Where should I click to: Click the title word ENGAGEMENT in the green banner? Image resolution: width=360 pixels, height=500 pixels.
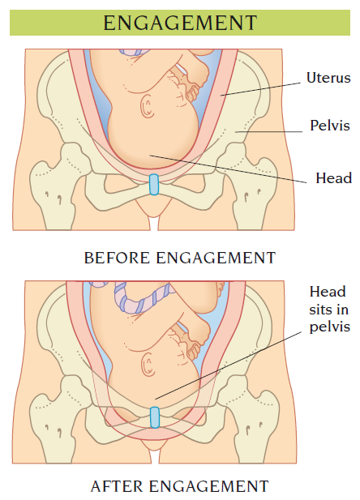[x=180, y=23]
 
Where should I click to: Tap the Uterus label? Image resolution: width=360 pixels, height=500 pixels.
[x=328, y=78]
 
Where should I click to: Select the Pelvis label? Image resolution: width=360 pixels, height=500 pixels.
[x=330, y=126]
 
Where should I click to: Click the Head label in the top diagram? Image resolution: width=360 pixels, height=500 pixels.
[x=333, y=178]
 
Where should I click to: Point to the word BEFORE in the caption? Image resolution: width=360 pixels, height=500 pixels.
[x=117, y=258]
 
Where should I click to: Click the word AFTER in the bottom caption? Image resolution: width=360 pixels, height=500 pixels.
[x=117, y=486]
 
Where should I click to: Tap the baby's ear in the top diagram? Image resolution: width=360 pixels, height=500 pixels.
[x=148, y=106]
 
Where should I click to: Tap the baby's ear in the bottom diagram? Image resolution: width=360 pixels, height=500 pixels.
[x=148, y=364]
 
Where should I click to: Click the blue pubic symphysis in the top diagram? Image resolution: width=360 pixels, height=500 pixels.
[x=154, y=185]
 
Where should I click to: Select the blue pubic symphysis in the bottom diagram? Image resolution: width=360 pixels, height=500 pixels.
[x=155, y=417]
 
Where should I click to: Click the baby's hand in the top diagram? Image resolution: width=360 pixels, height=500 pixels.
[x=191, y=92]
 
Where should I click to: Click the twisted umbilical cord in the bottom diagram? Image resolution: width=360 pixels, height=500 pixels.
[x=140, y=298]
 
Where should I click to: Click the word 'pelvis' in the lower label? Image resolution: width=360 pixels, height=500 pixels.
[x=330, y=327]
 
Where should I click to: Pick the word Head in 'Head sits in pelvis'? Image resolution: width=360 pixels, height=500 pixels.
[x=328, y=292]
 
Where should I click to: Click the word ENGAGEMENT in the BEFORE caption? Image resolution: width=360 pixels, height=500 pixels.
[x=216, y=258]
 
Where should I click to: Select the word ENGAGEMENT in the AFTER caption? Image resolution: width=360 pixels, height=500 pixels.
[x=209, y=486]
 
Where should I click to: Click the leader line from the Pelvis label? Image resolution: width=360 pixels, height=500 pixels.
[x=268, y=131]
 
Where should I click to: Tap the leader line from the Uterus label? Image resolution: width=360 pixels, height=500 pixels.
[x=260, y=89]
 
